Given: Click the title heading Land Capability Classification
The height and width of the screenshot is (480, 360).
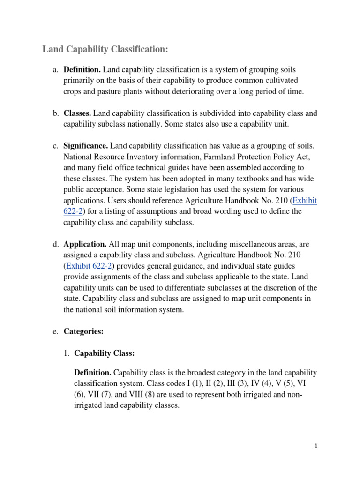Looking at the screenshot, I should coord(105,49).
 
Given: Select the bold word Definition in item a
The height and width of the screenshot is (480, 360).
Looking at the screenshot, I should coord(82,70).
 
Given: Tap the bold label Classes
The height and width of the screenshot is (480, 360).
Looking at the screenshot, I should coord(77,113).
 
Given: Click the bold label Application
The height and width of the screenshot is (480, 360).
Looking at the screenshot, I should coord(85,244).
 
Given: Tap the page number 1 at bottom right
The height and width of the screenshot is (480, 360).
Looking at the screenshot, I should coord(316,446).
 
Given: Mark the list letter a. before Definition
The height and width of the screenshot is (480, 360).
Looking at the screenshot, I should coord(55,70).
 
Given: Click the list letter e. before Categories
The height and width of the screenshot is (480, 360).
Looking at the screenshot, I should coord(55,331).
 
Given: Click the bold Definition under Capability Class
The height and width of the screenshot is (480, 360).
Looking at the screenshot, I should coord(93,373).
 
